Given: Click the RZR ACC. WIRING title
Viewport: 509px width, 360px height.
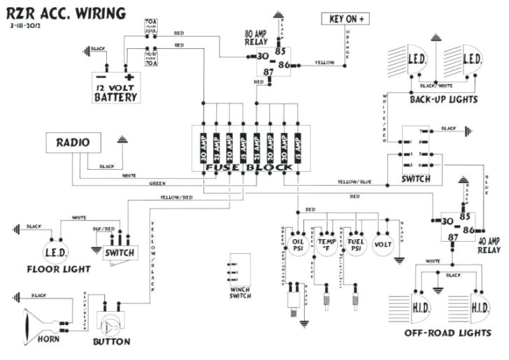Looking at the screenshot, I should [x=67, y=13].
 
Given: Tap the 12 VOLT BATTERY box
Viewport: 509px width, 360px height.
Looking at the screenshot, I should [x=116, y=87].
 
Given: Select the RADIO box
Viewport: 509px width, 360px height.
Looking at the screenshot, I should [x=73, y=143].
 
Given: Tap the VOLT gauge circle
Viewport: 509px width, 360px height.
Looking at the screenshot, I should [x=382, y=245].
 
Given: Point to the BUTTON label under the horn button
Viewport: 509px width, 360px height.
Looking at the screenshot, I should [x=111, y=342].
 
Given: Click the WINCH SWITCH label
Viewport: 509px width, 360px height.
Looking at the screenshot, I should [x=240, y=292].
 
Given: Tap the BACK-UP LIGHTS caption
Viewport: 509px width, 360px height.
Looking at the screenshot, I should [x=444, y=100].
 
